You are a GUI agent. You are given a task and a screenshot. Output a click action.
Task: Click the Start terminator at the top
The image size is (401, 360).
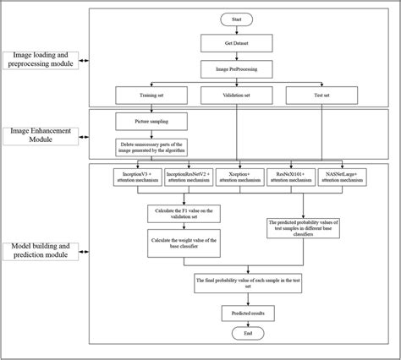click(236, 19)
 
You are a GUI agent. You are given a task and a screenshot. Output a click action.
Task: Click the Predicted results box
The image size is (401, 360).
click(236, 313)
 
